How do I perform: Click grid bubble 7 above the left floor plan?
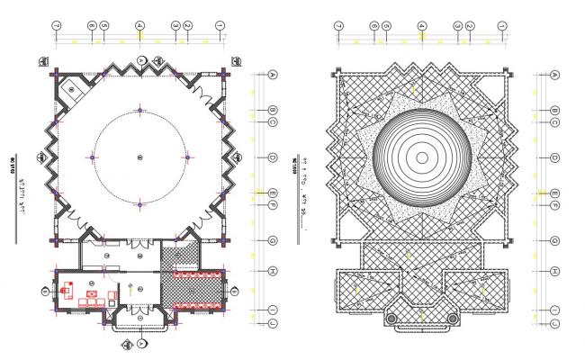coord(56,26)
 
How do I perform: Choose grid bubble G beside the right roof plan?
coord(555,240)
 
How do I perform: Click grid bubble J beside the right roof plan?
coord(555,321)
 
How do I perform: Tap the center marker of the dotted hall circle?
coord(140,157)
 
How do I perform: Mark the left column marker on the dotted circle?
coord(93,157)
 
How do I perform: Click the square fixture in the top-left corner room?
coord(72,87)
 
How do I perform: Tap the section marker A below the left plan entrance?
coord(140,344)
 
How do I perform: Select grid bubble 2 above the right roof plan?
coord(470,26)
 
